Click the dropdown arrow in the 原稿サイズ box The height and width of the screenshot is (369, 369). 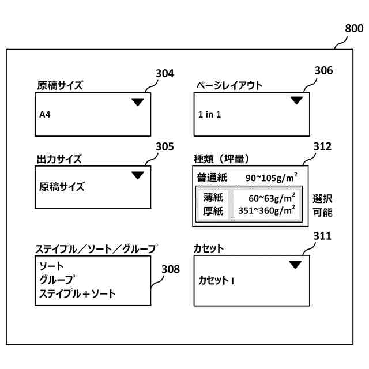tap(137, 102)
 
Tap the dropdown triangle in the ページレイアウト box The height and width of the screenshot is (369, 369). tap(296, 100)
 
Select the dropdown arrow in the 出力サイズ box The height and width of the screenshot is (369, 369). tap(137, 175)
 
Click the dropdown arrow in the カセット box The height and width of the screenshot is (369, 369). tap(295, 265)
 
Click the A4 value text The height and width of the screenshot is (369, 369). tap(45, 115)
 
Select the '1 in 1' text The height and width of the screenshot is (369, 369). tap(209, 114)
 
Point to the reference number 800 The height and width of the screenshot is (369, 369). tap(353, 28)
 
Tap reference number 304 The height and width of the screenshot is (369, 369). tap(164, 73)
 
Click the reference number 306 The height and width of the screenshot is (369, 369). tap(323, 70)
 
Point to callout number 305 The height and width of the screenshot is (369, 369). tap(164, 146)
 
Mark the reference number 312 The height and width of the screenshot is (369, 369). tap(322, 146)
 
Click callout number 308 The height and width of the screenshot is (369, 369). tap(170, 269)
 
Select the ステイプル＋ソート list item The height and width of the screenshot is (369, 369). tap(77, 293)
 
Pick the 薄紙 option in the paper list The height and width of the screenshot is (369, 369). tap(213, 197)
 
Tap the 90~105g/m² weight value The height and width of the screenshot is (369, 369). tap(270, 176)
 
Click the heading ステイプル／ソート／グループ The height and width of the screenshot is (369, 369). tap(96, 249)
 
